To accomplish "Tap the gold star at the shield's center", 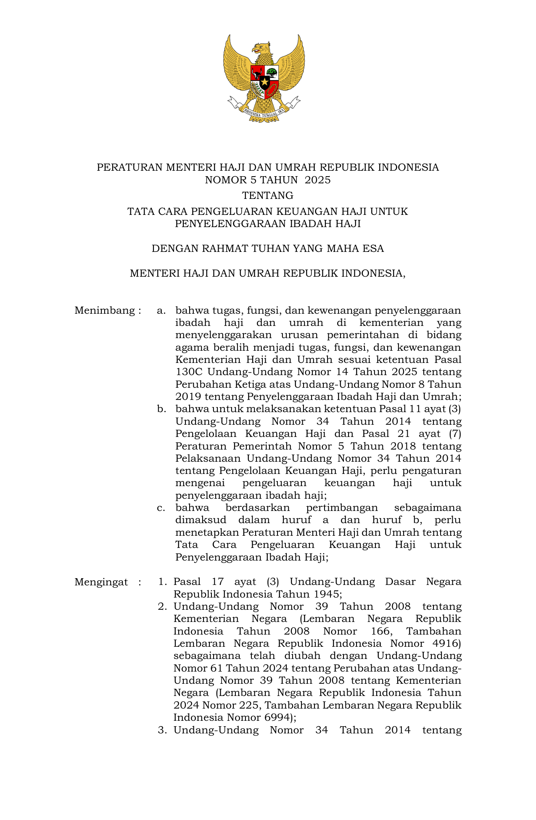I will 264,82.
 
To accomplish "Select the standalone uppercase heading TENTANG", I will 268,196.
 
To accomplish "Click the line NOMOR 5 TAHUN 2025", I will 268,180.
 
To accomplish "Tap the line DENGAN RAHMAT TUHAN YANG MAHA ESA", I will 268,249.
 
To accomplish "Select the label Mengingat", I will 101,582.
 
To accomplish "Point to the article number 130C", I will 189,372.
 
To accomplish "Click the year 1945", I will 325,594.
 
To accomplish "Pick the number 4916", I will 446,643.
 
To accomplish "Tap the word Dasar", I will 400,582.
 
